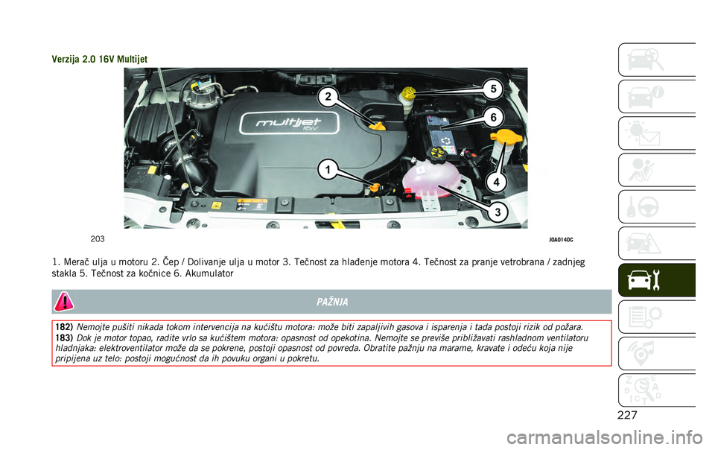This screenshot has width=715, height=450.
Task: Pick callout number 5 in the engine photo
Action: [x=492, y=88]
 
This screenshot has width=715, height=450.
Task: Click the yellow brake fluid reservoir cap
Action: [x=408, y=96]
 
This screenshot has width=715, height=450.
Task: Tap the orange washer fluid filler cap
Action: [x=504, y=139]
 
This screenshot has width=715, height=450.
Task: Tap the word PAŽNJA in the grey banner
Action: [x=332, y=301]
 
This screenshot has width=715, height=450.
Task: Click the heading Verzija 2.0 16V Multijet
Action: [x=100, y=59]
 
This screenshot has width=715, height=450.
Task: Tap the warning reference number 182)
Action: [x=63, y=327]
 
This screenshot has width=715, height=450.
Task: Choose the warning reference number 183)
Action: [x=63, y=337]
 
